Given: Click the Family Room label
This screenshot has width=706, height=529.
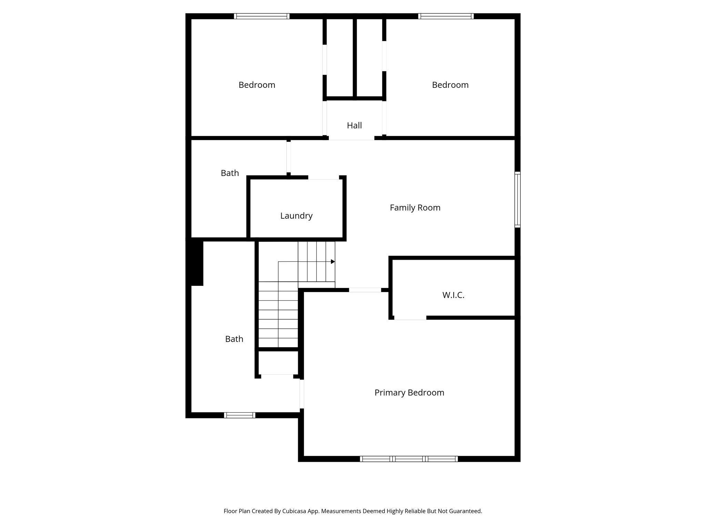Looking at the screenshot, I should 415,208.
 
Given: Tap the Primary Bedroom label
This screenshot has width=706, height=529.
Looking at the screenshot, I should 409,393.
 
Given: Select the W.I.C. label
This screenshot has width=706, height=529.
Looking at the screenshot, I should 453,295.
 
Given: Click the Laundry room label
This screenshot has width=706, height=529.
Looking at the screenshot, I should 296,216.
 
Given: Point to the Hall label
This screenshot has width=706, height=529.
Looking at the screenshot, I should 354,125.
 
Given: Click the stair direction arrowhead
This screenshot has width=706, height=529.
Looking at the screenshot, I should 333,262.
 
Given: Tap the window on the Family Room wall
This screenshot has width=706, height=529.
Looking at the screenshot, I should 517,199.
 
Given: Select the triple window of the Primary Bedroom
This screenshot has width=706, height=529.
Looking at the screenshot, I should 409,459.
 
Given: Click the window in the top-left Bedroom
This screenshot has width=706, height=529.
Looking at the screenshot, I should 262,16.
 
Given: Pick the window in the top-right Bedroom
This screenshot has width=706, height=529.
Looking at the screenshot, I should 446,16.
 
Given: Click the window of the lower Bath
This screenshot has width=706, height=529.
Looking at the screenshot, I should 240,415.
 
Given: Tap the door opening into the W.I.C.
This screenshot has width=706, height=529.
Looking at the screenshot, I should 410,318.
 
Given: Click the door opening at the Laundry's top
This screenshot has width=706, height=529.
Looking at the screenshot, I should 323,178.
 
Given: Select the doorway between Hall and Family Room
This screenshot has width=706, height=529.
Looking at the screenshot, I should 351,138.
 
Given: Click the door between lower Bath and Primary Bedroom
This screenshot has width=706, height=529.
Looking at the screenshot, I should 302,394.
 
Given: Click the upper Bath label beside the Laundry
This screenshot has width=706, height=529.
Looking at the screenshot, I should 230,173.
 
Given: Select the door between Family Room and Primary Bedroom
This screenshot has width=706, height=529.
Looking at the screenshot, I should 365,290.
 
